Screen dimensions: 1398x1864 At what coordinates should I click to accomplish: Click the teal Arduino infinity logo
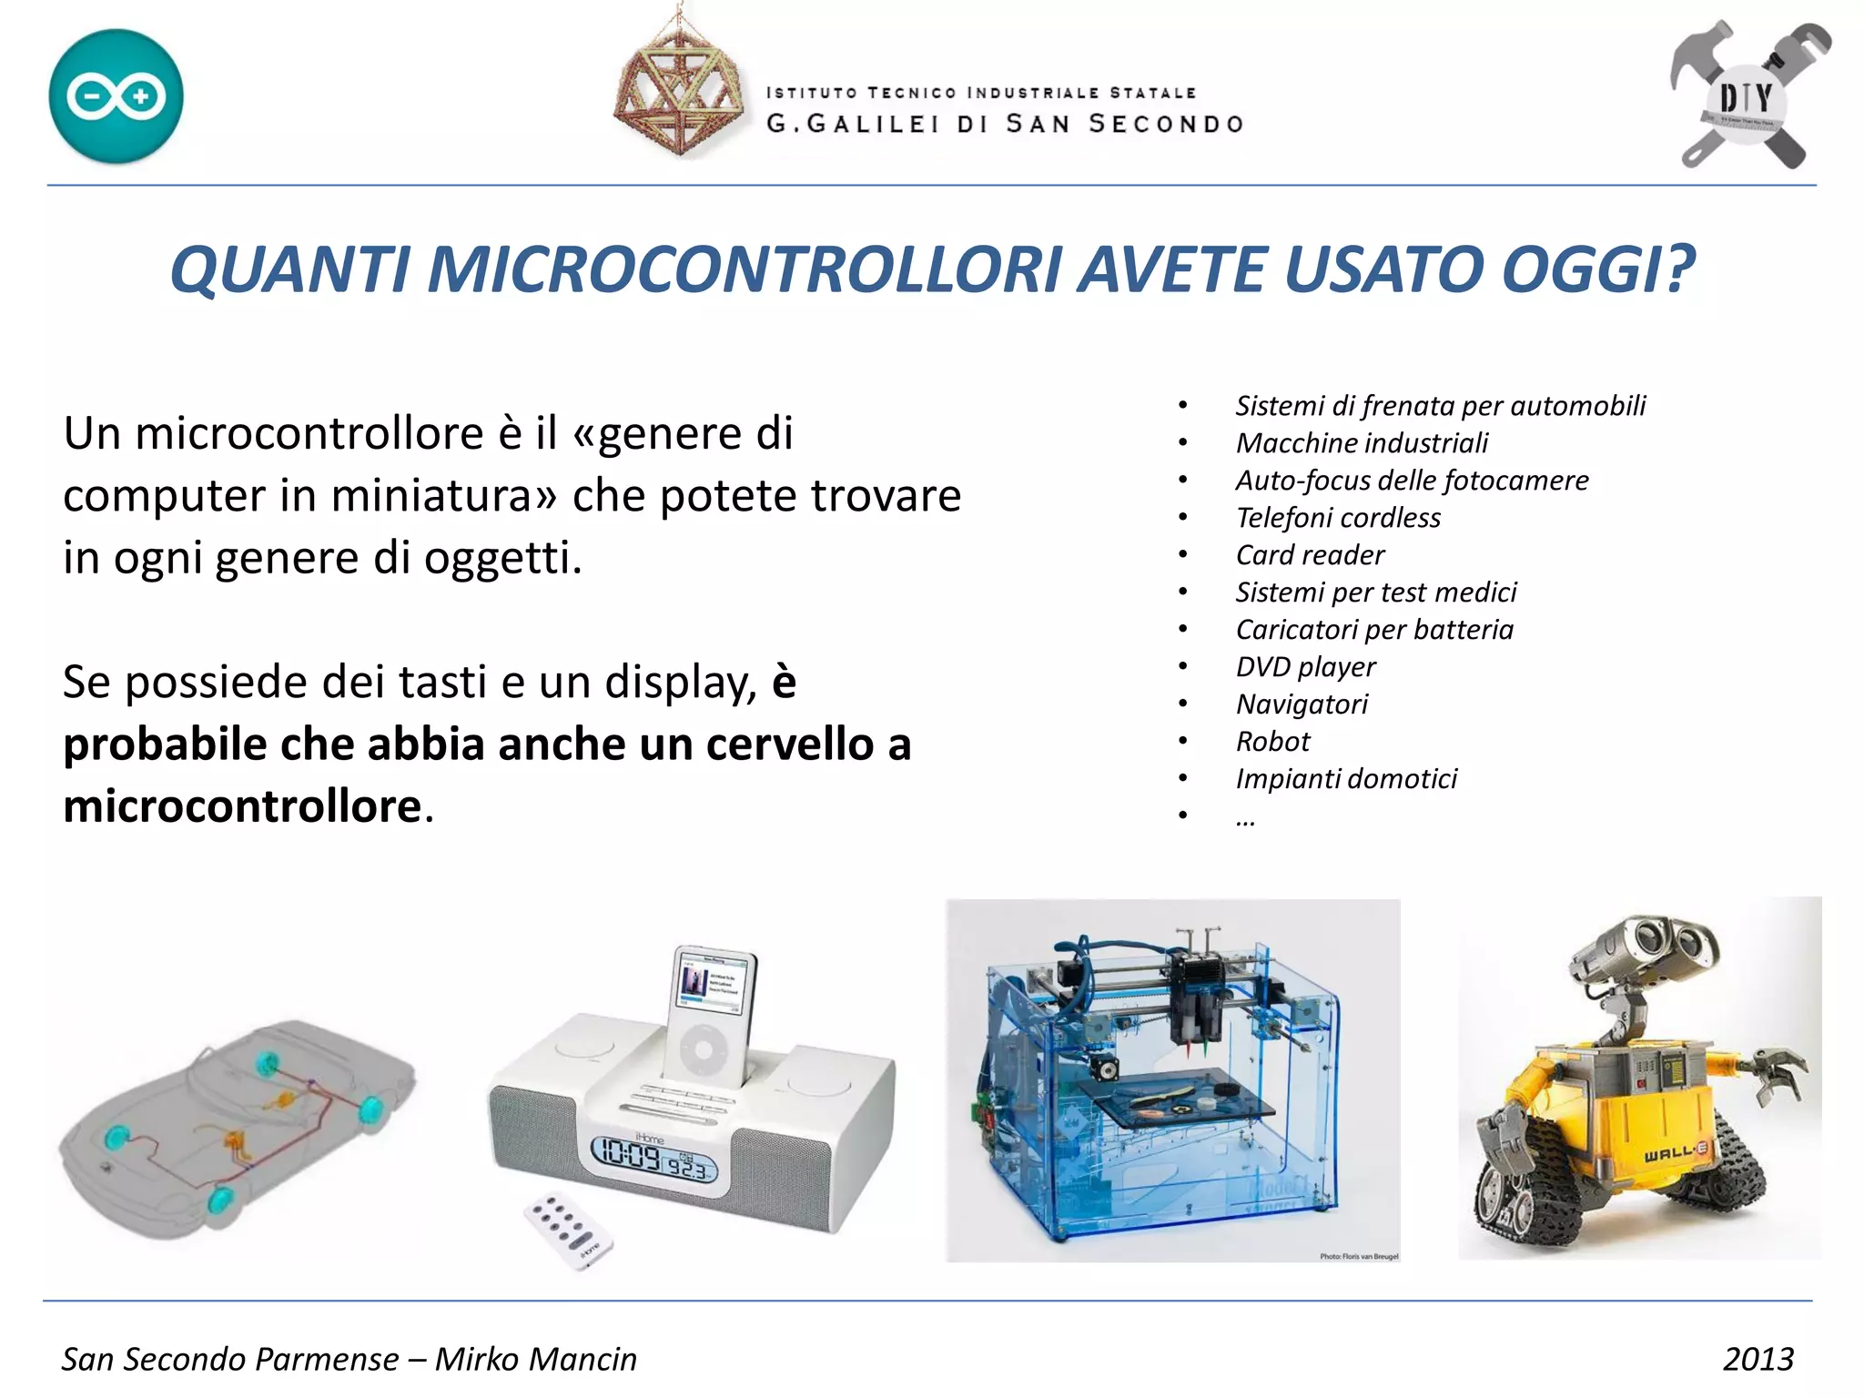pyautogui.click(x=116, y=96)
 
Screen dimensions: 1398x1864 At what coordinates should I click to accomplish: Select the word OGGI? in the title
pyautogui.click(x=1597, y=270)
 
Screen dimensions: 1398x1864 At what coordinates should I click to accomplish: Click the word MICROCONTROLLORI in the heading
pyautogui.click(x=744, y=270)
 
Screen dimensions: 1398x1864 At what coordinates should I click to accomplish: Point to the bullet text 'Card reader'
pyautogui.click(x=1310, y=555)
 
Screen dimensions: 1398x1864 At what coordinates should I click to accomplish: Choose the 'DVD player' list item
pyautogui.click(x=1305, y=667)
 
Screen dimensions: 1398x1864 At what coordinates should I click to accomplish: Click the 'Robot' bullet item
pyautogui.click(x=1272, y=742)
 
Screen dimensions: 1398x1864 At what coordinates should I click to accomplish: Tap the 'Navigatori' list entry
pyautogui.click(x=1302, y=704)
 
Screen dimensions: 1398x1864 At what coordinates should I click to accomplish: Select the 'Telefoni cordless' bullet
pyautogui.click(x=1338, y=518)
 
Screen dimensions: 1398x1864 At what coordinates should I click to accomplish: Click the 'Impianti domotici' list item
pyautogui.click(x=1346, y=779)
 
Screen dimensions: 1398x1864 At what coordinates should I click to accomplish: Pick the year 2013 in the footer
pyautogui.click(x=1758, y=1359)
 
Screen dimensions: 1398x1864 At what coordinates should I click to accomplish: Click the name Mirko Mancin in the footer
pyautogui.click(x=536, y=1359)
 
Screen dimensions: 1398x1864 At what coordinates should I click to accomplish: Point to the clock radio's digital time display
pyautogui.click(x=653, y=1160)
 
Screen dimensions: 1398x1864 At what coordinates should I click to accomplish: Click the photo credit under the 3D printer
pyautogui.click(x=1359, y=1256)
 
